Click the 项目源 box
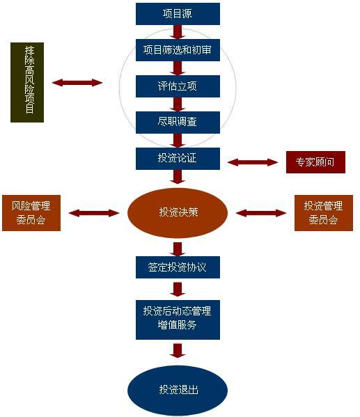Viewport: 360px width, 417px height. point(178,14)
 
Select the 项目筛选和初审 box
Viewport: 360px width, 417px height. point(178,50)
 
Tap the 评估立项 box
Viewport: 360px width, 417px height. point(178,86)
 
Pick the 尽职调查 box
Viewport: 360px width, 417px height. point(178,123)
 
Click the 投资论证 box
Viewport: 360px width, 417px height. point(178,159)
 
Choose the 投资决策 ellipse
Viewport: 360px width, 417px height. point(178,213)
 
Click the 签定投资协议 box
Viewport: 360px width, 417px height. point(178,267)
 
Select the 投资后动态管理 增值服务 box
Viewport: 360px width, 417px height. point(178,320)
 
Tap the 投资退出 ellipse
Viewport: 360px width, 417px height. point(178,390)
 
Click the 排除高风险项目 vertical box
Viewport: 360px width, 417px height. point(27,82)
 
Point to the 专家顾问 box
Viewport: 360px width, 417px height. point(315,162)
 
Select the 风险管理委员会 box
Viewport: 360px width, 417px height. point(31,213)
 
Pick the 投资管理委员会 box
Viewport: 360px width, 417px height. point(324,213)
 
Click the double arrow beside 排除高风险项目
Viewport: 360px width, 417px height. point(77,83)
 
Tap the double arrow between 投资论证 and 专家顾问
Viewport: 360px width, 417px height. point(253,162)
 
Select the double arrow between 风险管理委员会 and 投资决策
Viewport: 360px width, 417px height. point(94,213)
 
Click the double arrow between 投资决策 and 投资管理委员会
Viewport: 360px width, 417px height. point(261,213)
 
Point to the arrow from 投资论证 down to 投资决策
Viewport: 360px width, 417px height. point(178,177)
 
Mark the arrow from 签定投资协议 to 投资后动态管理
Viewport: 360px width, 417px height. point(178,290)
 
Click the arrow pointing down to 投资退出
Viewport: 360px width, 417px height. point(178,351)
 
